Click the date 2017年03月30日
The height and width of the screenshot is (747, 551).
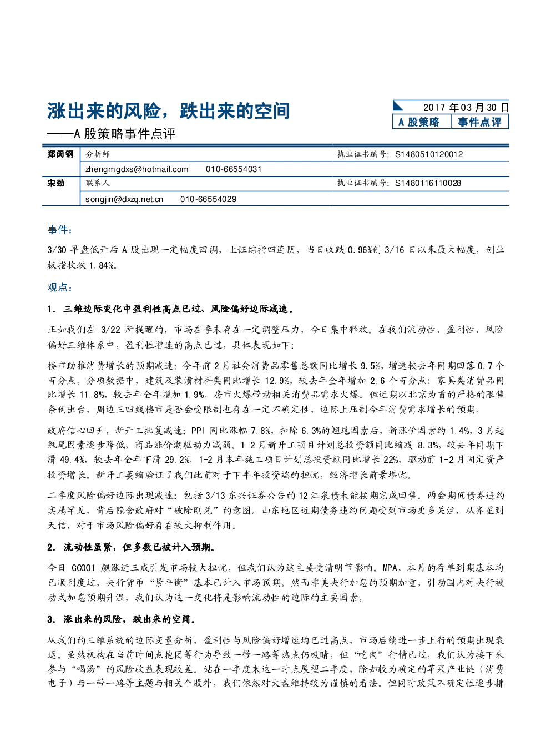point(466,108)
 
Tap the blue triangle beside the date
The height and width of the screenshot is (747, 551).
point(397,106)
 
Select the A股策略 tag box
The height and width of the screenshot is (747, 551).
point(422,122)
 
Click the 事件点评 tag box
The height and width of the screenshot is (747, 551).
point(479,122)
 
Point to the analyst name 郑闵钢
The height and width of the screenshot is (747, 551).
point(60,154)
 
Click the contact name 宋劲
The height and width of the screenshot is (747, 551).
point(56,183)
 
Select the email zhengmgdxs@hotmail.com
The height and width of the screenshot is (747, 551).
point(137,169)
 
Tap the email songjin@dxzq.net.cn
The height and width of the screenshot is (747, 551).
point(124,199)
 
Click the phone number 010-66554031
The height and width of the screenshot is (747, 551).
point(234,169)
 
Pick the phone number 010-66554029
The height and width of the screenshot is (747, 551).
point(208,199)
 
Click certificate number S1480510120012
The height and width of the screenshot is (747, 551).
point(429,154)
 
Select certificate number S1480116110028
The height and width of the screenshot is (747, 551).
point(428,183)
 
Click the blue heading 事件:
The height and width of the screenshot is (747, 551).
point(59,230)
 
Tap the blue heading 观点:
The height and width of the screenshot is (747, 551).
point(59,287)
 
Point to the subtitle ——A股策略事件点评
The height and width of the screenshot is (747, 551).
point(111,134)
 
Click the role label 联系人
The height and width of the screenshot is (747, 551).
point(98,183)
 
